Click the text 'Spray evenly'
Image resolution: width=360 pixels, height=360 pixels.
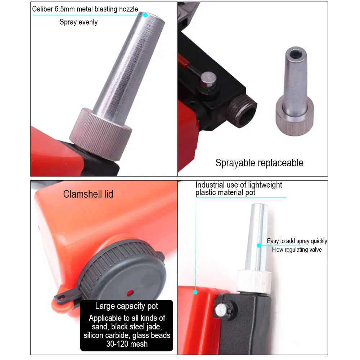tap(78, 22)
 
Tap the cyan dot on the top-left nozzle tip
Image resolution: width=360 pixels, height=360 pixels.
tap(145, 15)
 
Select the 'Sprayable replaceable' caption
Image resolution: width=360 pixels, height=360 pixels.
tap(259, 163)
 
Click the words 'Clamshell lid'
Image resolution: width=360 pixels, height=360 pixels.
tap(88, 194)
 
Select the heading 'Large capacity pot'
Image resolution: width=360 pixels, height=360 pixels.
tap(127, 306)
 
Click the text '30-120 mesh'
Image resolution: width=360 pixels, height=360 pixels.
tap(127, 344)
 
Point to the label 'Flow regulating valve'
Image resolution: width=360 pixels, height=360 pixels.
tap(297, 249)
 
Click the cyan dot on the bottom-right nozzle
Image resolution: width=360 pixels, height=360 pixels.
tap(258, 245)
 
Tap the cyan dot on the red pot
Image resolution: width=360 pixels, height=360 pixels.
tap(195, 292)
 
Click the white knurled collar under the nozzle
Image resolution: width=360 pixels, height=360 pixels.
tap(254, 281)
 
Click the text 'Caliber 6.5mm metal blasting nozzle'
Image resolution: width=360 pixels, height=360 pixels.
tap(85, 9)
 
